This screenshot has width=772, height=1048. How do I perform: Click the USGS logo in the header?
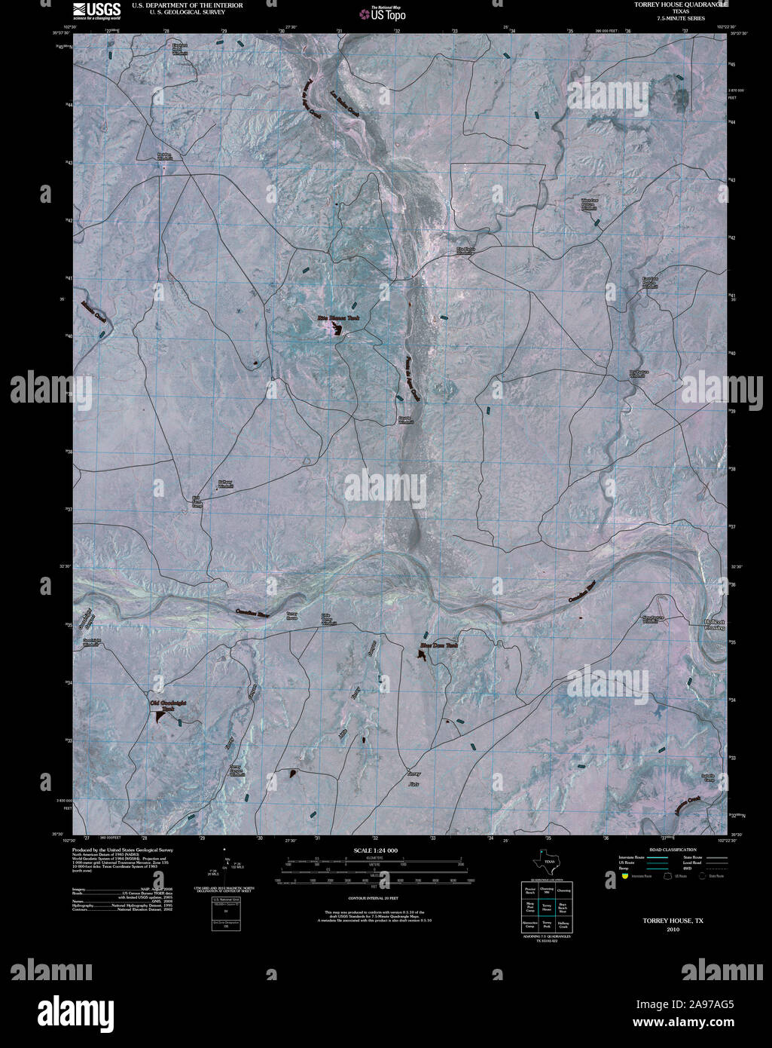[x=96, y=9]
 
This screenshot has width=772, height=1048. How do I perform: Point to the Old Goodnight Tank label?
[x=168, y=705]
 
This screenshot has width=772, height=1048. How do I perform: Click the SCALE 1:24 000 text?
[x=375, y=850]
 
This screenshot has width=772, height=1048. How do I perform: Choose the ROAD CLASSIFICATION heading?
[x=662, y=850]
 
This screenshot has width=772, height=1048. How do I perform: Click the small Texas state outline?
[x=546, y=861]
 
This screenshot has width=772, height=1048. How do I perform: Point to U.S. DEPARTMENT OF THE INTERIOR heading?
[x=176, y=5]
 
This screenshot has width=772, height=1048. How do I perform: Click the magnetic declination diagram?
[x=226, y=868]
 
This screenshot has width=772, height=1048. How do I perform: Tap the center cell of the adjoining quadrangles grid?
[x=548, y=911]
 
